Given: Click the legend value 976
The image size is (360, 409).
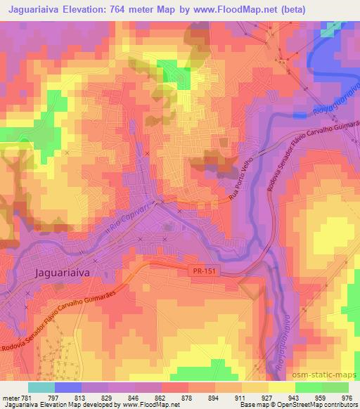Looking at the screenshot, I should tap(347, 396).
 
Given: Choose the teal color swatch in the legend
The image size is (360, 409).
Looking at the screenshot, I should tap(41, 387).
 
